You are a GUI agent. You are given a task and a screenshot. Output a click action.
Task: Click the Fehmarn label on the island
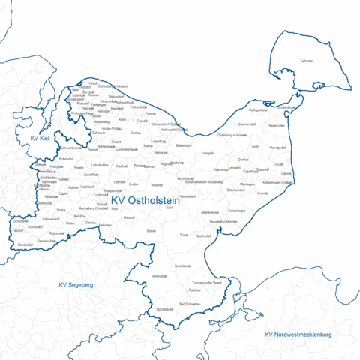coord(306,60)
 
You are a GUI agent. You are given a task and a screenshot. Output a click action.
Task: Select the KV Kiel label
coord(40,139)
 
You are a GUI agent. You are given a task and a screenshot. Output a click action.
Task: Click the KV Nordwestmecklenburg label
coord(298,333)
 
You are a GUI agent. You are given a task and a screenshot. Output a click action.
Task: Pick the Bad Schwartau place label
coord(191,304)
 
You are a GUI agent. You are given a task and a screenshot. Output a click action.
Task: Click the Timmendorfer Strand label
coord(206,283)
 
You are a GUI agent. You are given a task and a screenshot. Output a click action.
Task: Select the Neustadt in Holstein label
coord(223,222)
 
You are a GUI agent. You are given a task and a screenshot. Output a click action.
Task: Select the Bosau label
coord(151,231)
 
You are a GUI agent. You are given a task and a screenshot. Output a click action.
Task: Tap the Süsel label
coord(184,235)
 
